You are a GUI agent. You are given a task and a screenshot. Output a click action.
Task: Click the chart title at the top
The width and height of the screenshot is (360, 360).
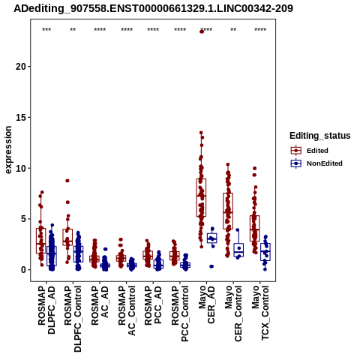(x=153, y=9)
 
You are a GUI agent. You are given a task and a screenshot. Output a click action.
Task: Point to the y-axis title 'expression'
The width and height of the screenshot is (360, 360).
(x=8, y=150)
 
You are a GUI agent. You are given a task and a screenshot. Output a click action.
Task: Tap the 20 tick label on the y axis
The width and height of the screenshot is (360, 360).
(x=21, y=67)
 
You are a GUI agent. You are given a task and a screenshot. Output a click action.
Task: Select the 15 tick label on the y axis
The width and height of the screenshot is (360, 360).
(x=21, y=117)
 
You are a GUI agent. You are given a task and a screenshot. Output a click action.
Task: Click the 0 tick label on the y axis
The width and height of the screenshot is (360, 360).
(x=23, y=270)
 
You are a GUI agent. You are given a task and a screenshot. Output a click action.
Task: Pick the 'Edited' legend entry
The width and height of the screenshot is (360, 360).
(x=317, y=151)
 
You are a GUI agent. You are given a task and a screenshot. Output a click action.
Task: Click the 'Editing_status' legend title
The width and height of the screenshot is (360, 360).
(x=320, y=136)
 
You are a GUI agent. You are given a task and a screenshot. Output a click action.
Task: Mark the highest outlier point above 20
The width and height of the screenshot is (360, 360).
(x=202, y=31)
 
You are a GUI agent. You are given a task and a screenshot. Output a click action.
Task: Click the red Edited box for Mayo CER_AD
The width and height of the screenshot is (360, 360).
(x=201, y=197)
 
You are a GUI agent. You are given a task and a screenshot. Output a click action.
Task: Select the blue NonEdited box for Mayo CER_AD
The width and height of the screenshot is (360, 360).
(x=212, y=238)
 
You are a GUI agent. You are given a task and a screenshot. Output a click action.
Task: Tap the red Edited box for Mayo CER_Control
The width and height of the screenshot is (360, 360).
(x=228, y=211)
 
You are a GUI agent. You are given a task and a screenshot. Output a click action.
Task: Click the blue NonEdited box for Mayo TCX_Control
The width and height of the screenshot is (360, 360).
(x=265, y=252)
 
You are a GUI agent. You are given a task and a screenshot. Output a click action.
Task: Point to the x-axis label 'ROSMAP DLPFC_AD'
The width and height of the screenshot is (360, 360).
(x=46, y=310)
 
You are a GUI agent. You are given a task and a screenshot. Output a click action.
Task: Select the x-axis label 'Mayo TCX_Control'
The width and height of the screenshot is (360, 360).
(x=260, y=313)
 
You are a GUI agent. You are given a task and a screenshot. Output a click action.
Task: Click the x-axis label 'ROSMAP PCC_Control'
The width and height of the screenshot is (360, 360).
(x=180, y=313)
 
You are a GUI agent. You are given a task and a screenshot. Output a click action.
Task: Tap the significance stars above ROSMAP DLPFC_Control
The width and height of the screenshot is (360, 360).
(x=73, y=30)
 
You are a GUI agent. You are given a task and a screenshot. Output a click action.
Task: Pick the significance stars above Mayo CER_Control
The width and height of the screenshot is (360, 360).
(x=233, y=30)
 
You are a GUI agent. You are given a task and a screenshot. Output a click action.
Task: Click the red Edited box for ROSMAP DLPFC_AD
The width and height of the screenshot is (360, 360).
(x=41, y=241)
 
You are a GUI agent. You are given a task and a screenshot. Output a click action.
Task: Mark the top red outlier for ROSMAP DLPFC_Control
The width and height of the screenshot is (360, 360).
(x=67, y=181)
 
